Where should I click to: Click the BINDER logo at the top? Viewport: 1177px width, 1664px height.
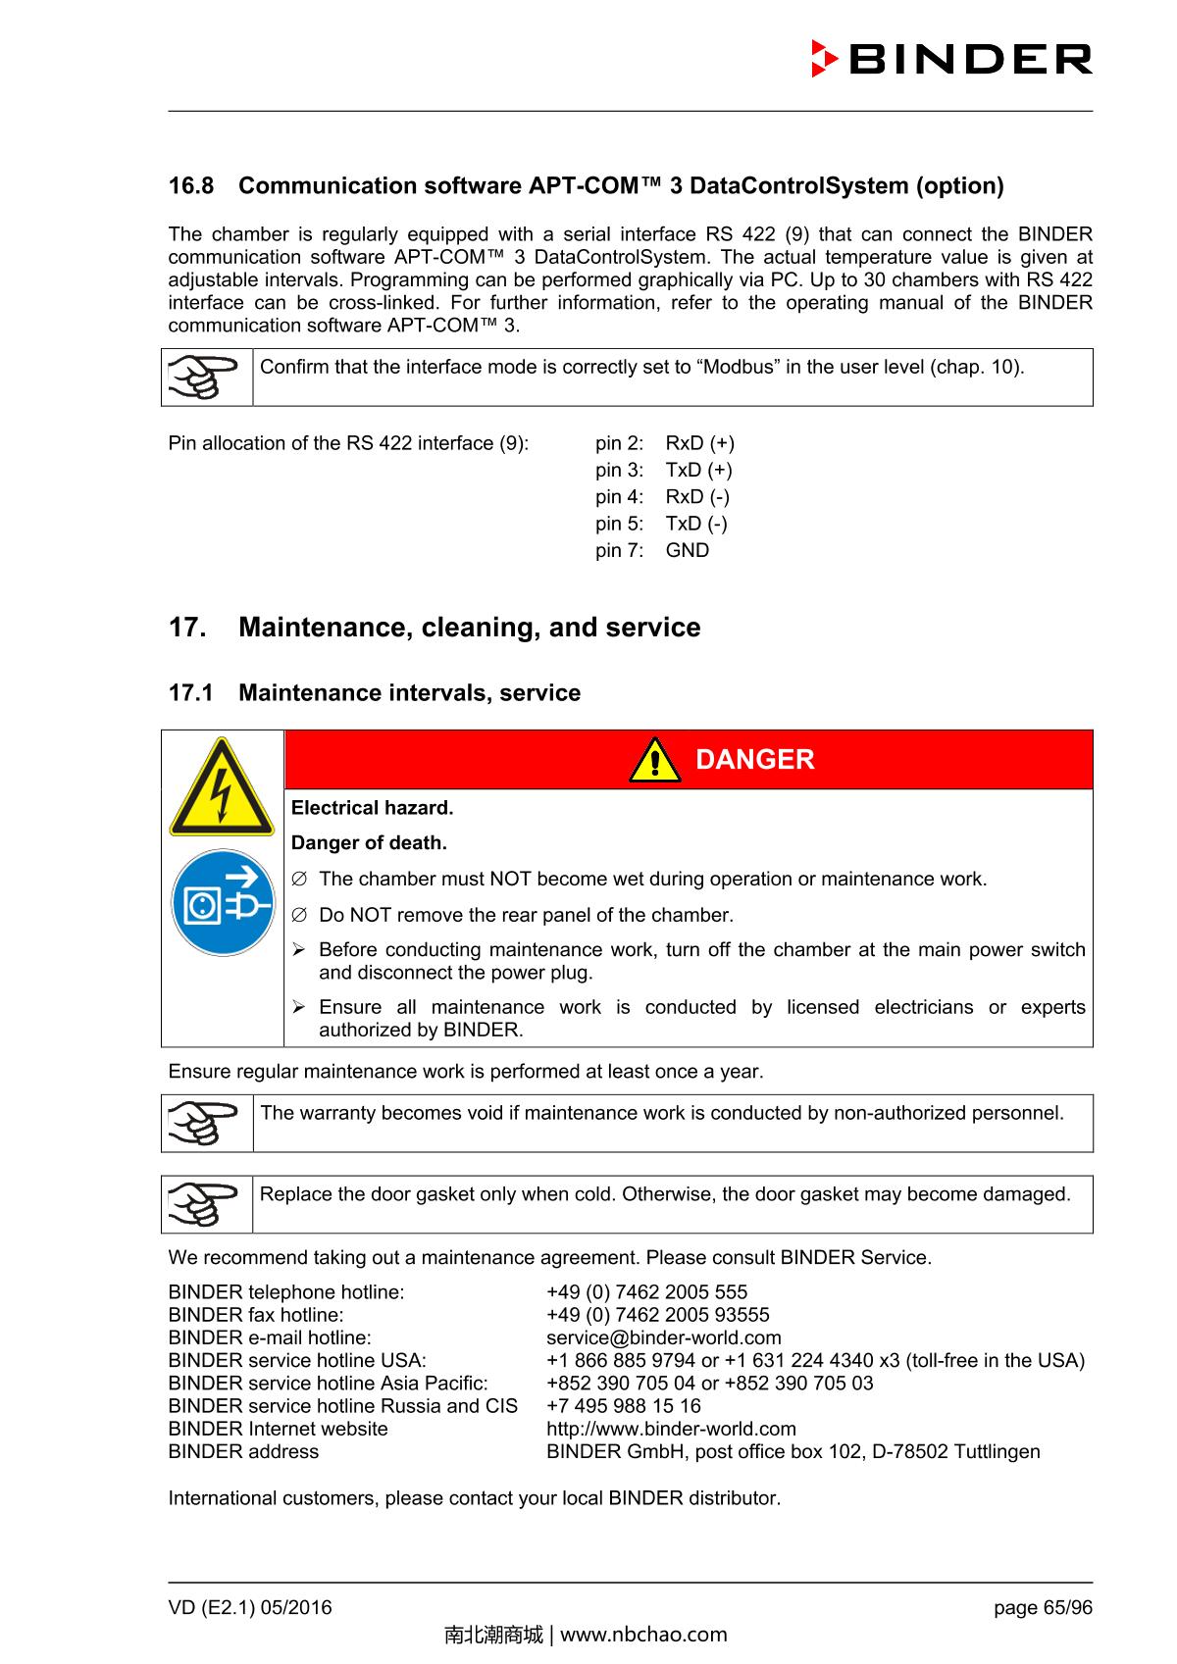point(950,60)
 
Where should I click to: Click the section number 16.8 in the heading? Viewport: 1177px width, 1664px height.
point(191,185)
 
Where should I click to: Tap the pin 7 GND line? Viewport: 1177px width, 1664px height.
point(651,550)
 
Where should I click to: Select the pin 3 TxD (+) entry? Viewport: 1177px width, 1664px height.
point(663,470)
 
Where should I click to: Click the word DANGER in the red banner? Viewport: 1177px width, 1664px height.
point(754,760)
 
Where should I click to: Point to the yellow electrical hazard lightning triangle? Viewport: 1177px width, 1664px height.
point(222,788)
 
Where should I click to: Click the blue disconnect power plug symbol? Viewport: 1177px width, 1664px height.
point(223,903)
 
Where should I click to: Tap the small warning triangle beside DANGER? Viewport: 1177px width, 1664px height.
point(654,761)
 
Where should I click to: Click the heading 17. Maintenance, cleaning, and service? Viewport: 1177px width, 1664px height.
point(435,628)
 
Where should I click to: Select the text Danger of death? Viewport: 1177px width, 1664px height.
point(369,843)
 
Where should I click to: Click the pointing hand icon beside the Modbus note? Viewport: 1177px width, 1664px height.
point(205,378)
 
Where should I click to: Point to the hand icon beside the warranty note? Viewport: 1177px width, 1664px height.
point(205,1124)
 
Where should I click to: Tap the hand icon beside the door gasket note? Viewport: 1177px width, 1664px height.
point(205,1205)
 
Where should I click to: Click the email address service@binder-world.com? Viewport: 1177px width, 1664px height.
point(663,1338)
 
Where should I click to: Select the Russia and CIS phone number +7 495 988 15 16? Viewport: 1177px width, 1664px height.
point(623,1406)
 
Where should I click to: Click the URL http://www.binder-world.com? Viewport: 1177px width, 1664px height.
point(671,1429)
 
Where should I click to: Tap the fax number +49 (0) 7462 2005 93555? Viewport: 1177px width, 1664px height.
point(657,1315)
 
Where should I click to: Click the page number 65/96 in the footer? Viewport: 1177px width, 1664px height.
point(1043,1607)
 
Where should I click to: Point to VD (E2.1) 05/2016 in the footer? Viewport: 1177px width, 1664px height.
point(250,1607)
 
